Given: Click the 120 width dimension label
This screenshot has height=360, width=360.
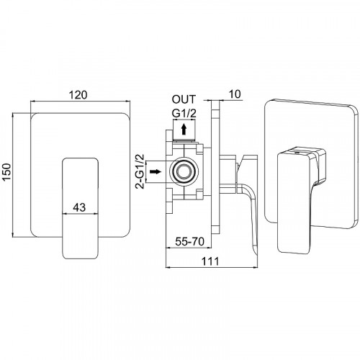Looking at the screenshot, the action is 78,95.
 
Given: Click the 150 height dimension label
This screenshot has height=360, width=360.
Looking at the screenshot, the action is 6,172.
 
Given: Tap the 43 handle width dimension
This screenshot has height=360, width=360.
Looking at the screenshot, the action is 79,207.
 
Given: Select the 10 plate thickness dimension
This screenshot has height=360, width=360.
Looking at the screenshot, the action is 235,94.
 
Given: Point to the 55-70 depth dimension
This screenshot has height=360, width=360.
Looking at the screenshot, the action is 189,241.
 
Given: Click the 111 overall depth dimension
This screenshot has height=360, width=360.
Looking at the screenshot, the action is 210,261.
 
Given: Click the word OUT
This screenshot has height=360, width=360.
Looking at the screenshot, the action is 184,99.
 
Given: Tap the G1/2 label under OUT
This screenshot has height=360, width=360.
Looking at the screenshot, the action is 184,114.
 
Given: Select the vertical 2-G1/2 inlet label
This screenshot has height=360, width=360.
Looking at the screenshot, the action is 140,171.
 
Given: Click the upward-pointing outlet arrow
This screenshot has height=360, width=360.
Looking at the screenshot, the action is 184,129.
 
